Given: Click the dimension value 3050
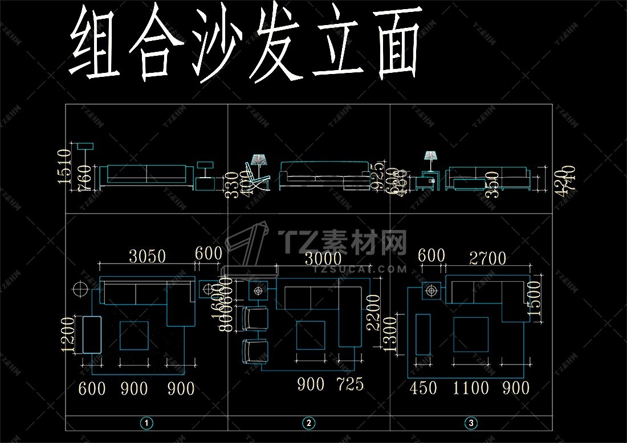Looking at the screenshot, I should (147, 256).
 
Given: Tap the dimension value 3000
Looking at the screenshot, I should (323, 259).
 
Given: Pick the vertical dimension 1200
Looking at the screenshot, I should (69, 335).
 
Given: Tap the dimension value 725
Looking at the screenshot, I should (350, 384).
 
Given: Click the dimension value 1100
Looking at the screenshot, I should (471, 388).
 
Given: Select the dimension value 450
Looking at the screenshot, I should (424, 388).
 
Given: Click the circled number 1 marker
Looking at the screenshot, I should (147, 423).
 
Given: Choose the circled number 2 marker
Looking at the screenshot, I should (309, 423).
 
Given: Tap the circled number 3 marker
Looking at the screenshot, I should (471, 423).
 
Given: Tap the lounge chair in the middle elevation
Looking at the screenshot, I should (256, 178).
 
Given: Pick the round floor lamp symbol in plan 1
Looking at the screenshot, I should (79, 289).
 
